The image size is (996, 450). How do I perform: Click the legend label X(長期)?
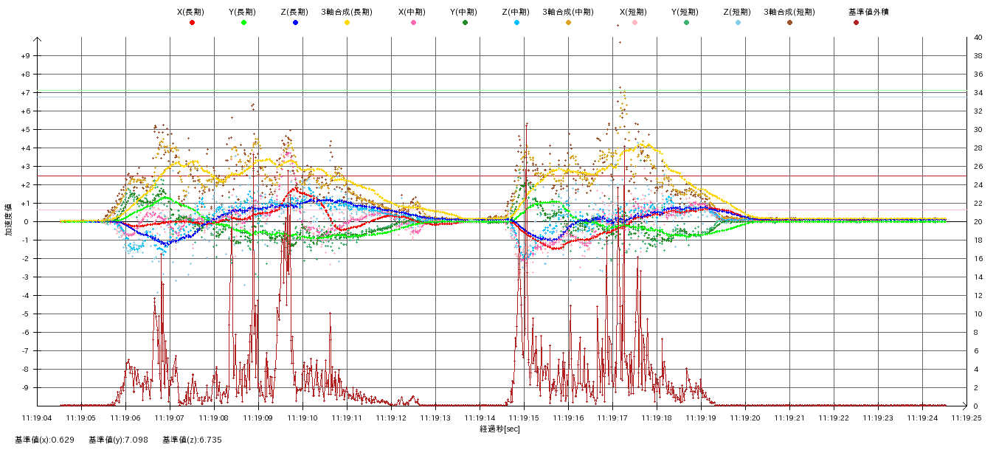pos(191,12)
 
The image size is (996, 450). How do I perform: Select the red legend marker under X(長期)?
pos(192,23)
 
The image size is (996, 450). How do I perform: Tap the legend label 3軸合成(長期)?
pos(347,12)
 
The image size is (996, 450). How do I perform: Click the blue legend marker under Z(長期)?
pos(295,23)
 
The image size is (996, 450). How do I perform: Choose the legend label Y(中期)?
pos(464,12)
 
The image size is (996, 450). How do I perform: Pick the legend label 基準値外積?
pos(856,12)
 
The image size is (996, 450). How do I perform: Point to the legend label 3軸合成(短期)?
pos(789,12)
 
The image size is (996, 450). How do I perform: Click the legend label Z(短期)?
pos(737,12)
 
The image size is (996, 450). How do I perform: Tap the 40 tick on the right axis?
pos(978,38)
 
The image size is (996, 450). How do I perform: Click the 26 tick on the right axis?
pos(978,167)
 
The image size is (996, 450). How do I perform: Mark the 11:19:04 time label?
pos(37,418)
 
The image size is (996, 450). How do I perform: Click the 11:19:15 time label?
pos(524,418)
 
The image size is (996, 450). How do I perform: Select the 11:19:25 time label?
pos(966,418)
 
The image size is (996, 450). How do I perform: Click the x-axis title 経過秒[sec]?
pos(499,429)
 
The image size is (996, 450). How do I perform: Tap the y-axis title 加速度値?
pos(9,220)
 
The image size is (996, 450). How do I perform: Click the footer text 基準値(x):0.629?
pos(44,440)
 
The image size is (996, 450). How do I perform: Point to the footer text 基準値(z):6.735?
pos(192,440)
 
